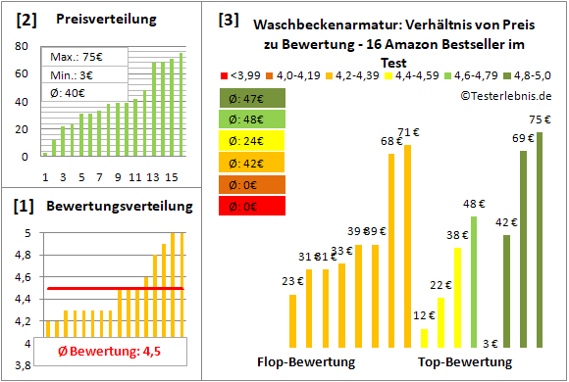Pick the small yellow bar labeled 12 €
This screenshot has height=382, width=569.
[x=424, y=337]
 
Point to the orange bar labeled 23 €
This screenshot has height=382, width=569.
[x=292, y=320]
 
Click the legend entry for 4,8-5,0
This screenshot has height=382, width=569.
[x=534, y=73]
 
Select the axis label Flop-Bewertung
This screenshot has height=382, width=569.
[x=306, y=361]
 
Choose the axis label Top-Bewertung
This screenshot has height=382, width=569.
[x=465, y=361]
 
